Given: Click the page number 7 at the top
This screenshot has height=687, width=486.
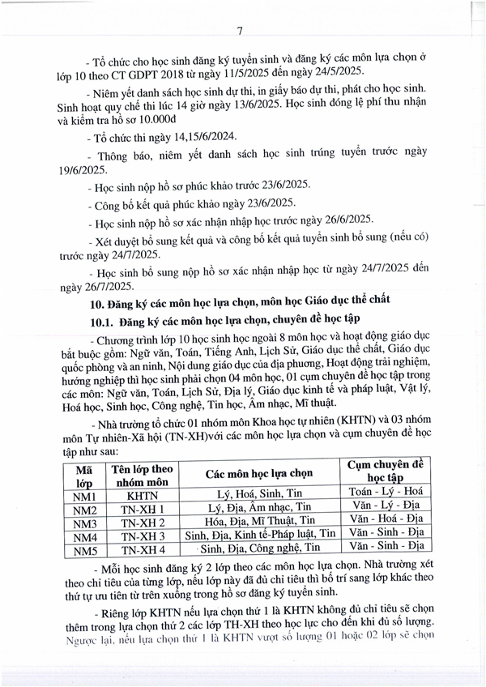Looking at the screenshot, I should pos(241,32).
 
